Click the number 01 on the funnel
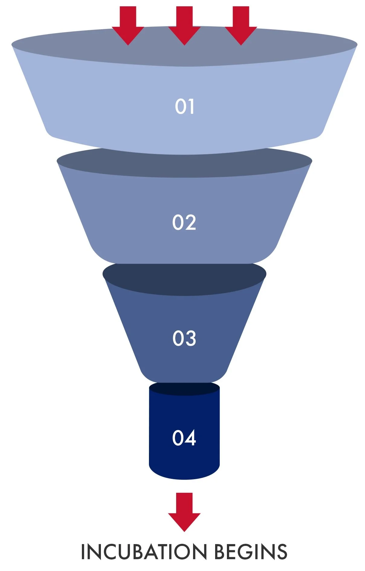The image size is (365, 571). tap(184, 106)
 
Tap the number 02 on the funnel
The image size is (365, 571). tap(184, 223)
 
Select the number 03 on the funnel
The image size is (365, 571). tap(184, 338)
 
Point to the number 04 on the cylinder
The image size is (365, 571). tap(184, 438)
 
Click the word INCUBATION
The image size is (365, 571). tap(144, 552)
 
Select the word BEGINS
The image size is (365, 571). tap(250, 552)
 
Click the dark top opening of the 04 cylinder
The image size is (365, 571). tap(184, 389)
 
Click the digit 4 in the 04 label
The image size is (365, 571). tap(190, 438)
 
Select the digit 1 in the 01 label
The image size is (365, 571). tap(191, 106)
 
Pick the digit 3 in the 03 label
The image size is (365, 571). tap(190, 338)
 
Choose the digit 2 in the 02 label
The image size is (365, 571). tap(190, 223)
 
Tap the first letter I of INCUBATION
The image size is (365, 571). tap(83, 552)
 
